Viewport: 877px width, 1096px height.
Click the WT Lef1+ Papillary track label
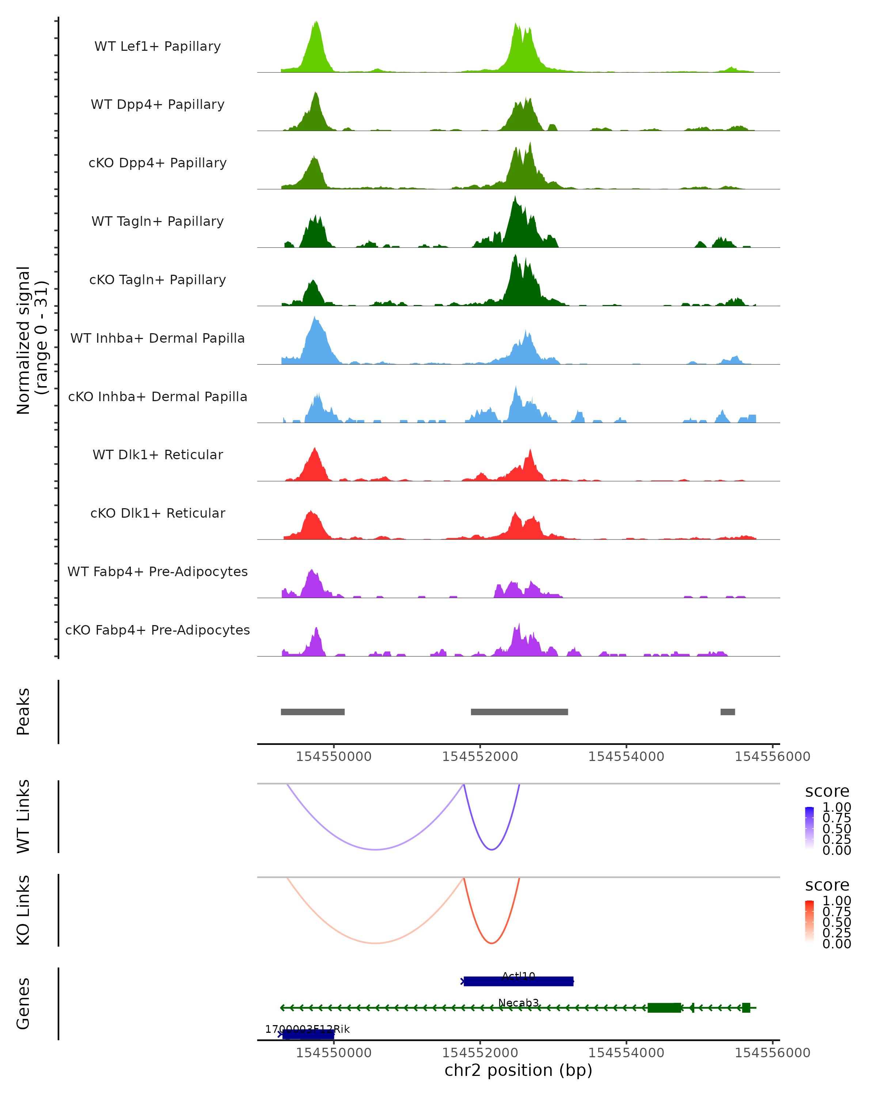pos(157,46)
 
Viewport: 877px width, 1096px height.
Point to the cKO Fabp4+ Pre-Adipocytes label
pos(157,630)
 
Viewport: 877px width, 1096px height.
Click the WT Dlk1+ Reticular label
pos(157,454)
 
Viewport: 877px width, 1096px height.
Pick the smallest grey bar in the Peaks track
pos(728,712)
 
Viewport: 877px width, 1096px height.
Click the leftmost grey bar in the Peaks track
pos(313,712)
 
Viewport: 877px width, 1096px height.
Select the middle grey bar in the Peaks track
pos(519,712)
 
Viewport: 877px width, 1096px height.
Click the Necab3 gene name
pos(519,1002)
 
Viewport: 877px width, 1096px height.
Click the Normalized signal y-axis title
pos(31,340)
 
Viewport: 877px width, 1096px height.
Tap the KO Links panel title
pos(23,910)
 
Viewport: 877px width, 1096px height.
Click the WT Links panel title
pos(23,817)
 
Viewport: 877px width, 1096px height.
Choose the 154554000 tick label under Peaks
pos(626,757)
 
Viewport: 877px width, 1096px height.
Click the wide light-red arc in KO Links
pos(375,943)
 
